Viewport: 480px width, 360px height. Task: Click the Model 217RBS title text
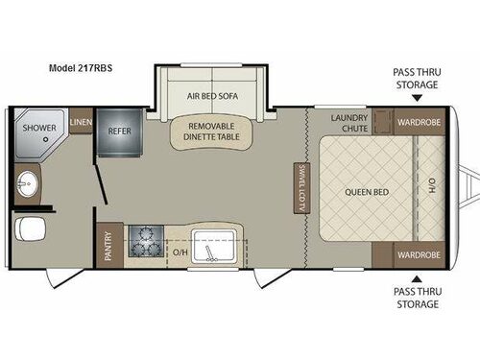point(81,68)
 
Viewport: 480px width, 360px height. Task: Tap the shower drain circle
point(46,139)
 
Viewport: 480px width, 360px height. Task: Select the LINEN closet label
point(81,122)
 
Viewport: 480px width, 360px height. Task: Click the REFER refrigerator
point(119,132)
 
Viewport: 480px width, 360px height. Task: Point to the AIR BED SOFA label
point(212,96)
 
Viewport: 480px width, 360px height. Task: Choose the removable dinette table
point(211,132)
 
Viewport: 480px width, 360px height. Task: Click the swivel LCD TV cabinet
point(301,188)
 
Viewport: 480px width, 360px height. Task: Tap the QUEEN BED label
point(367,192)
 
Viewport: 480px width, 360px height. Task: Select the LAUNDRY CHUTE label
point(349,123)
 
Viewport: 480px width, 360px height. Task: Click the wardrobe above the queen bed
point(419,122)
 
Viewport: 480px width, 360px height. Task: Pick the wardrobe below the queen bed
point(419,255)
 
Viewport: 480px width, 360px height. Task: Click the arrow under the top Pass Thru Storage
point(417,98)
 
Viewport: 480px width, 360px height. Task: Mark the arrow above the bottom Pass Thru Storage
point(417,279)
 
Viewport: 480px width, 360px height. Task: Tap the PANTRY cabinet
point(109,245)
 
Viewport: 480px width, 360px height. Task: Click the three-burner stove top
point(146,241)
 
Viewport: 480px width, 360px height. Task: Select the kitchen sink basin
point(214,246)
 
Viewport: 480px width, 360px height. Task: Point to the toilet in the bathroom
point(30,228)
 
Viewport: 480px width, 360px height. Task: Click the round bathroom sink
point(28,184)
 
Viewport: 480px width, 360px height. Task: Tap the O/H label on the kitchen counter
point(180,252)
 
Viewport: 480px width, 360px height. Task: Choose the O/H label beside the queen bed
point(432,186)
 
